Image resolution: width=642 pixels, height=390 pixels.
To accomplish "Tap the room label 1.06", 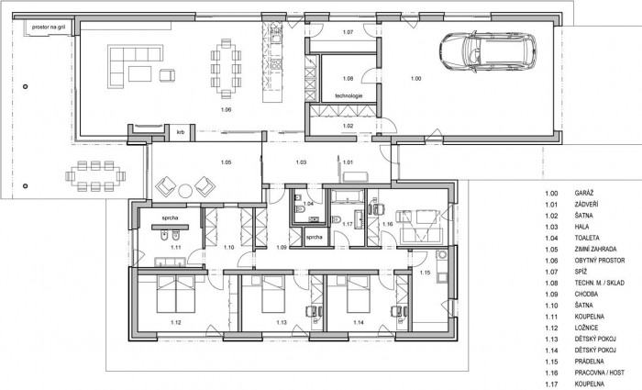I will point(227,110).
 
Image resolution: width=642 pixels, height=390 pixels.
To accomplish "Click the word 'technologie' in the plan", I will point(349,95).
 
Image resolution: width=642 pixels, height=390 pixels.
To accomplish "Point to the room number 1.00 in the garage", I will point(417,79).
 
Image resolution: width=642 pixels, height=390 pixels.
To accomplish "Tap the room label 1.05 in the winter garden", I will point(226,162).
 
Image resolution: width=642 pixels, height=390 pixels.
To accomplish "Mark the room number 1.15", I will point(425,273).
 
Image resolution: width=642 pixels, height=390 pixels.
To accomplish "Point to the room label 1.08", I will point(348,79).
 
